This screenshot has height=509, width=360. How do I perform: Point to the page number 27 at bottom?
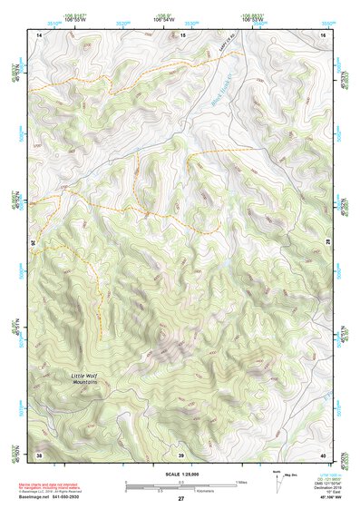pyautogui.click(x=180, y=499)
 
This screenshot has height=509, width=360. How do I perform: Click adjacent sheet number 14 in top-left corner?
pyautogui.click(x=39, y=34)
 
